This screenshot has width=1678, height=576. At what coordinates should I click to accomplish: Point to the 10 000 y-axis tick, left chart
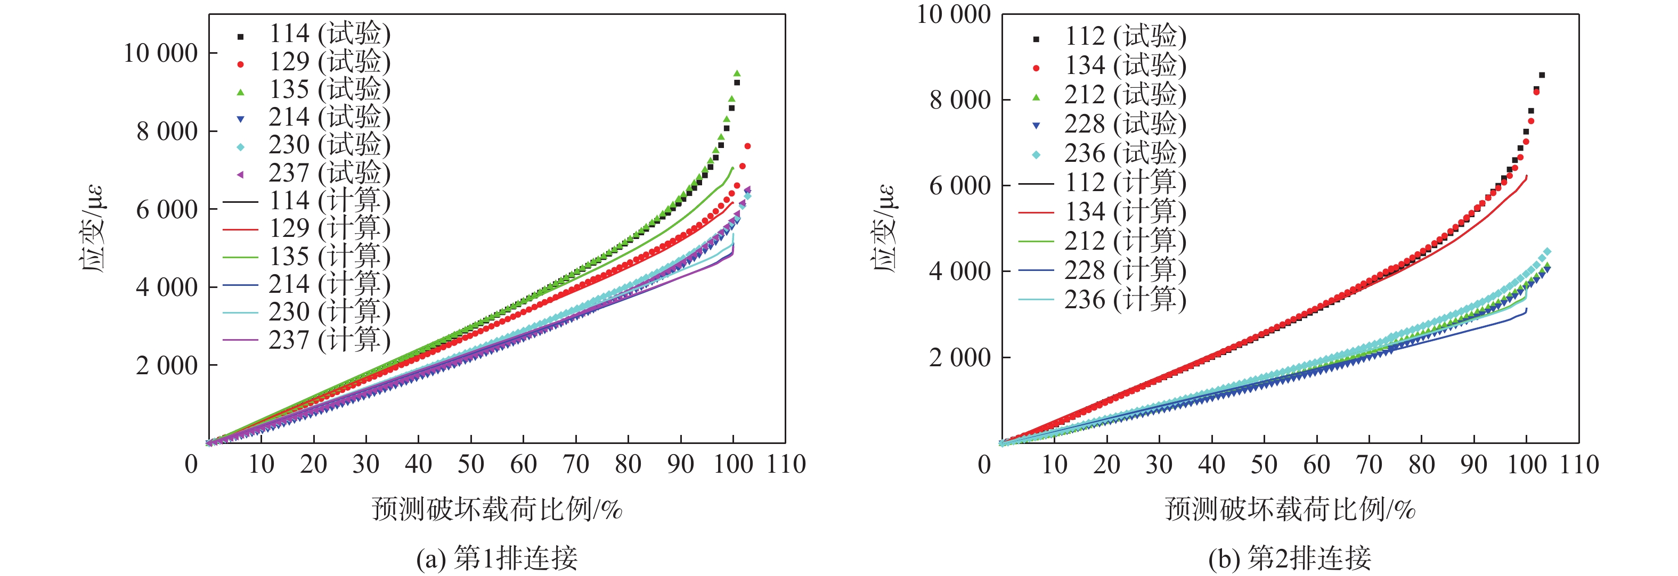[160, 53]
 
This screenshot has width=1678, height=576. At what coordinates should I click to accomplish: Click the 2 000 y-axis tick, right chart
[959, 357]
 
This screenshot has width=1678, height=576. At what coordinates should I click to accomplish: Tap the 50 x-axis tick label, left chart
[470, 464]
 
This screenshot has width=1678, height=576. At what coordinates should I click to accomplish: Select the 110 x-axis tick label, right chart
[1579, 465]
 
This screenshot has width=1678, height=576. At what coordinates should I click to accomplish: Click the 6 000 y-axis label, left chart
[167, 210]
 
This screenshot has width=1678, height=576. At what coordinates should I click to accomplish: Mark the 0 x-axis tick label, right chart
[984, 465]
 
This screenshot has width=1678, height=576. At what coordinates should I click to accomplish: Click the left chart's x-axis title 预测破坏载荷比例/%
[496, 509]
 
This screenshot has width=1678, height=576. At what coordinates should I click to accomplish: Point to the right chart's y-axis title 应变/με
[883, 228]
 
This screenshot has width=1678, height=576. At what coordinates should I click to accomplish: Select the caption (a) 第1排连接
[496, 558]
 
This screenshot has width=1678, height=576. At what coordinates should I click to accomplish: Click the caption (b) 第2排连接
[1290, 558]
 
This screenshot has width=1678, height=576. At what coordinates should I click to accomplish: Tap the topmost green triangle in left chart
[737, 73]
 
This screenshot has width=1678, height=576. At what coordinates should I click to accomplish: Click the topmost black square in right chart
[1542, 75]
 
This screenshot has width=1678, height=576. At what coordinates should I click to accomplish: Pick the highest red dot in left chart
[747, 146]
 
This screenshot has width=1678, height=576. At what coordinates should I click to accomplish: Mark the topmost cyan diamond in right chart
[1547, 252]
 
